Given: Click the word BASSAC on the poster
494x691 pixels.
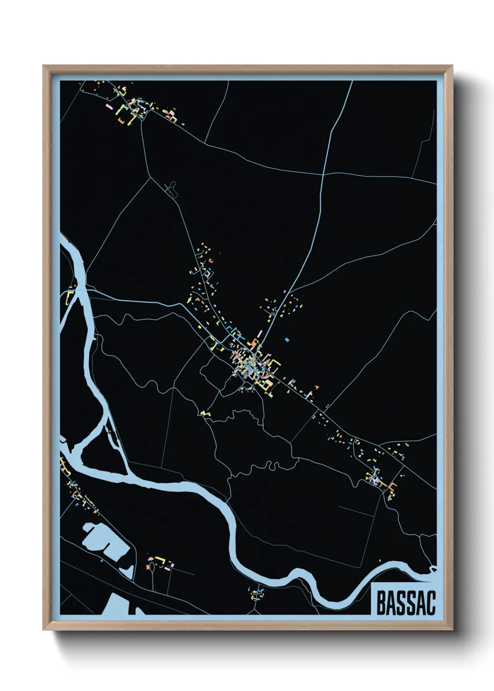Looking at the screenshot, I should pos(405,603).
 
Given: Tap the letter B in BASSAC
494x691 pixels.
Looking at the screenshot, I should pos(380,603).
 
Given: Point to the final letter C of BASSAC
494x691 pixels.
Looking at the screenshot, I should pos(430,603).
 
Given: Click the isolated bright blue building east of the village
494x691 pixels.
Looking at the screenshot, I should pos(287,339).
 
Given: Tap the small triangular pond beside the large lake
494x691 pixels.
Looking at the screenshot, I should pos(127,571).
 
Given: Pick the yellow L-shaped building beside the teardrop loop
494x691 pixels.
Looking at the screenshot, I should pos(161,559).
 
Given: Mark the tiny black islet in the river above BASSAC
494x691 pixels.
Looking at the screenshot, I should pos(433,569).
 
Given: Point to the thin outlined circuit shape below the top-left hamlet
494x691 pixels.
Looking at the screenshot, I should pos(172,189).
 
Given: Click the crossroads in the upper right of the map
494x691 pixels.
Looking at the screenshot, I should pos(323,174).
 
